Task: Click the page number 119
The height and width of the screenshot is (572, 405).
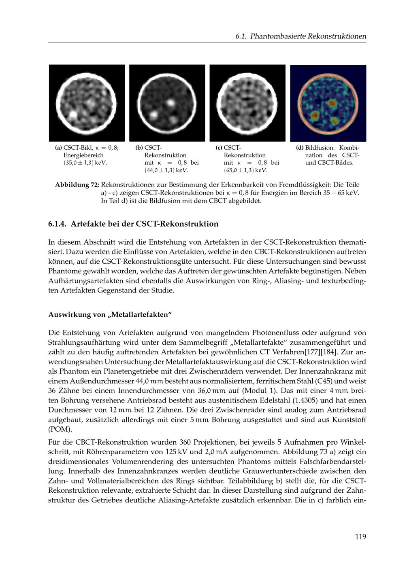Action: point(360,536)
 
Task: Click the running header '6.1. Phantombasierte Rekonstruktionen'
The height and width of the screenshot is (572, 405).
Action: point(301,36)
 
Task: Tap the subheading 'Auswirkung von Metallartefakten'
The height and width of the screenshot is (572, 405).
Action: point(110,314)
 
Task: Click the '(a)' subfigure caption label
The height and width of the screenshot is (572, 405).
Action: point(58,148)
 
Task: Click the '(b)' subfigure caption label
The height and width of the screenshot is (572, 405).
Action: point(139,148)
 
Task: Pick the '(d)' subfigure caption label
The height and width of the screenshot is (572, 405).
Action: point(300,148)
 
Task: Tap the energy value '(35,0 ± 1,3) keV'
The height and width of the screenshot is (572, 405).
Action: point(84,163)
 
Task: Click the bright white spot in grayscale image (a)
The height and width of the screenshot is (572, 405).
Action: point(73,115)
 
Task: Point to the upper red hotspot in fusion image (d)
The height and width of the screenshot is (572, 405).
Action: point(332,103)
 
